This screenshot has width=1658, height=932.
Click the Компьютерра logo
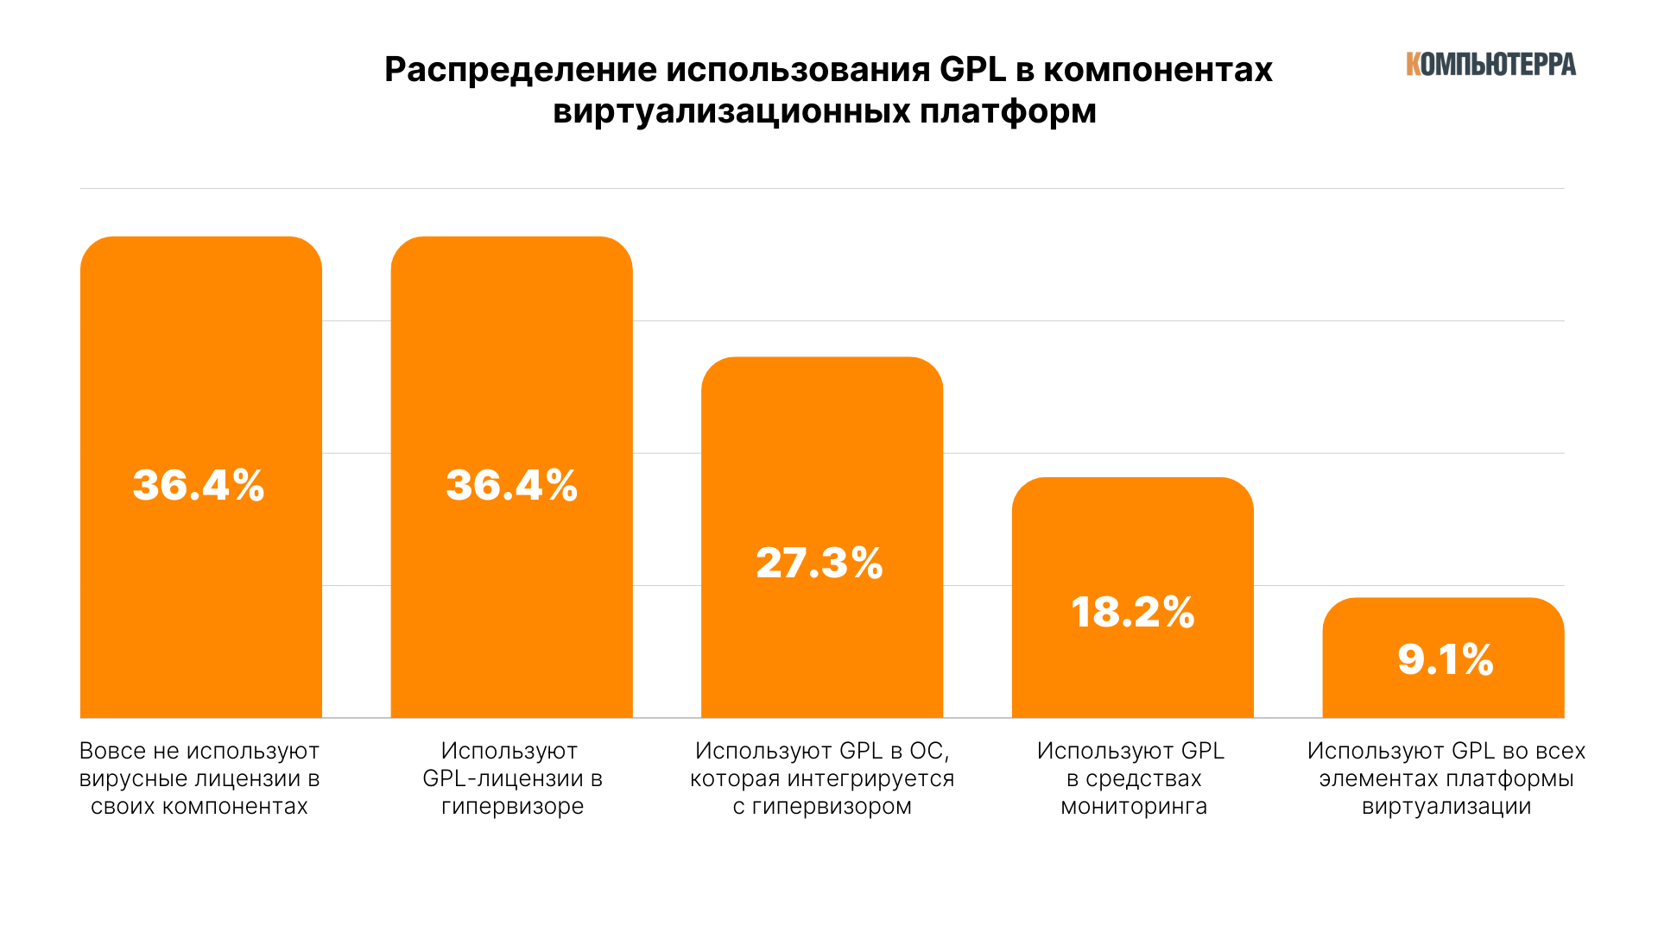pos(1490,65)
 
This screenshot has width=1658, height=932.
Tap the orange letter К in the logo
pos(1414,65)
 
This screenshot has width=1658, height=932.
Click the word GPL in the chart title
pos(972,69)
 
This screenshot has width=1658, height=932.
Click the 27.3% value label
pos(820,563)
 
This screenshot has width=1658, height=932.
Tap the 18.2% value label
pos(1132,612)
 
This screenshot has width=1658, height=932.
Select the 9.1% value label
pos(1445,659)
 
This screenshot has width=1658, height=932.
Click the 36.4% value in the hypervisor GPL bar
pos(511,485)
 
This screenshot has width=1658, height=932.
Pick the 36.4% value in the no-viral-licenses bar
pos(199,485)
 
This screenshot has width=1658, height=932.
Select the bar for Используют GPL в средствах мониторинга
pos(1132,535)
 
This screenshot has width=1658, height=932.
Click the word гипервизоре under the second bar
pos(512,807)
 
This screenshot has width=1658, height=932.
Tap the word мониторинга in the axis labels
pos(1134,807)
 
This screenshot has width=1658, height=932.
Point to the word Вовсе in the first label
pos(111,752)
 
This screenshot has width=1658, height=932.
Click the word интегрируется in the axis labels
pos(872,779)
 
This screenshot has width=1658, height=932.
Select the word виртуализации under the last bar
pos(1446,807)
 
